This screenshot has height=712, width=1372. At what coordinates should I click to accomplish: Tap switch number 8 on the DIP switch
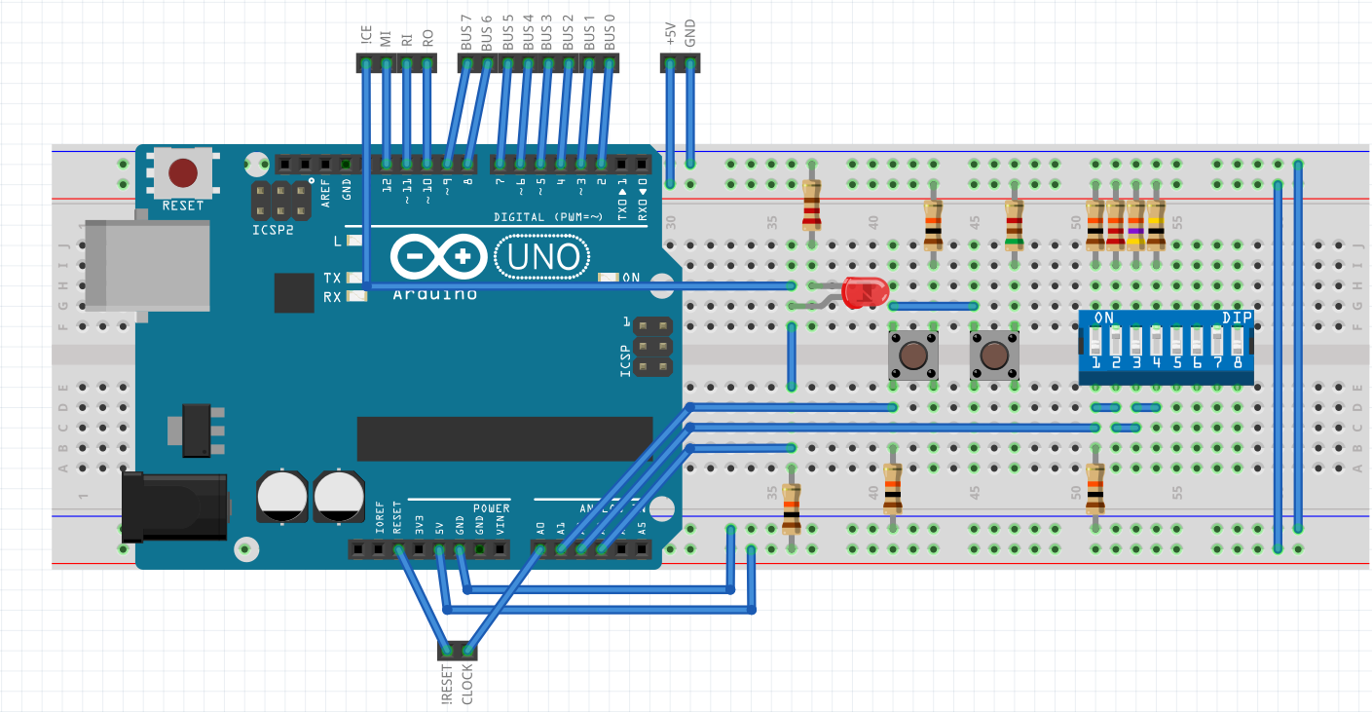pos(1238,342)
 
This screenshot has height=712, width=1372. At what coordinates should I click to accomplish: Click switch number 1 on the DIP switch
pos(1095,342)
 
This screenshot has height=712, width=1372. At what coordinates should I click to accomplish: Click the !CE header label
pos(365,37)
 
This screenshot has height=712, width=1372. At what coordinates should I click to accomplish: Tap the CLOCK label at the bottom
pos(467,685)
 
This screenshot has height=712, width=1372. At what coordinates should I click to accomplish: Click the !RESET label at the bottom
pos(447,685)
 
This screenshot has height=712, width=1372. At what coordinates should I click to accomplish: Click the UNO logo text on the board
pos(542,257)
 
